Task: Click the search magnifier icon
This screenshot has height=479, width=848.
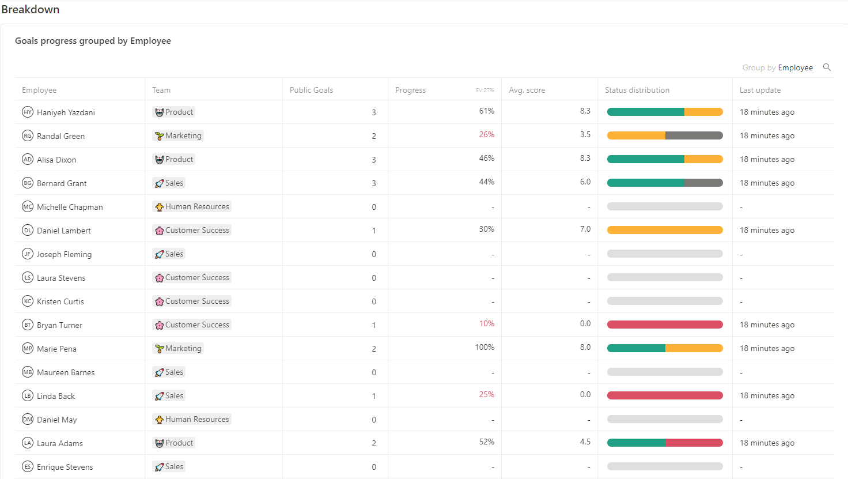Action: [827, 67]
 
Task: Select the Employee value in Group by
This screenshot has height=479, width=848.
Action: [795, 68]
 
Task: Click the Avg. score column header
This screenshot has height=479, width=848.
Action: [527, 90]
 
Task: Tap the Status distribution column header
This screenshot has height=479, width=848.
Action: [637, 90]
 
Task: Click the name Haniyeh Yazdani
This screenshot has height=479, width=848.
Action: [66, 112]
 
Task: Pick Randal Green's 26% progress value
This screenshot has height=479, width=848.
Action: [486, 134]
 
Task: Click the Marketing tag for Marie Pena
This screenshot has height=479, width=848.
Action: [179, 348]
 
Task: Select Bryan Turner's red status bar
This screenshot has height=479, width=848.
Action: [665, 325]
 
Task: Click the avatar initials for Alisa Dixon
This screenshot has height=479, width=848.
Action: [28, 159]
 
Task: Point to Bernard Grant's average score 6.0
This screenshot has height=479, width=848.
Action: [585, 182]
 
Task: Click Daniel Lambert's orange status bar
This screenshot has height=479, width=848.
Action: [665, 230]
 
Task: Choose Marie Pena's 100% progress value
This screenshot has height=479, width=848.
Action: [484, 347]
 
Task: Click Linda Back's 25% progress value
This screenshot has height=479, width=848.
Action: [486, 394]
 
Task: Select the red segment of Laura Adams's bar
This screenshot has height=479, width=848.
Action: [694, 443]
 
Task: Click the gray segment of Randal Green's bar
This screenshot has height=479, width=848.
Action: [694, 135]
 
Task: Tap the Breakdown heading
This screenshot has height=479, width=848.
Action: [31, 9]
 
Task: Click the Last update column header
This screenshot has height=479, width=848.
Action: [760, 90]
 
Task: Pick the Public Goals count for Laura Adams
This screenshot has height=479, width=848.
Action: [373, 443]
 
